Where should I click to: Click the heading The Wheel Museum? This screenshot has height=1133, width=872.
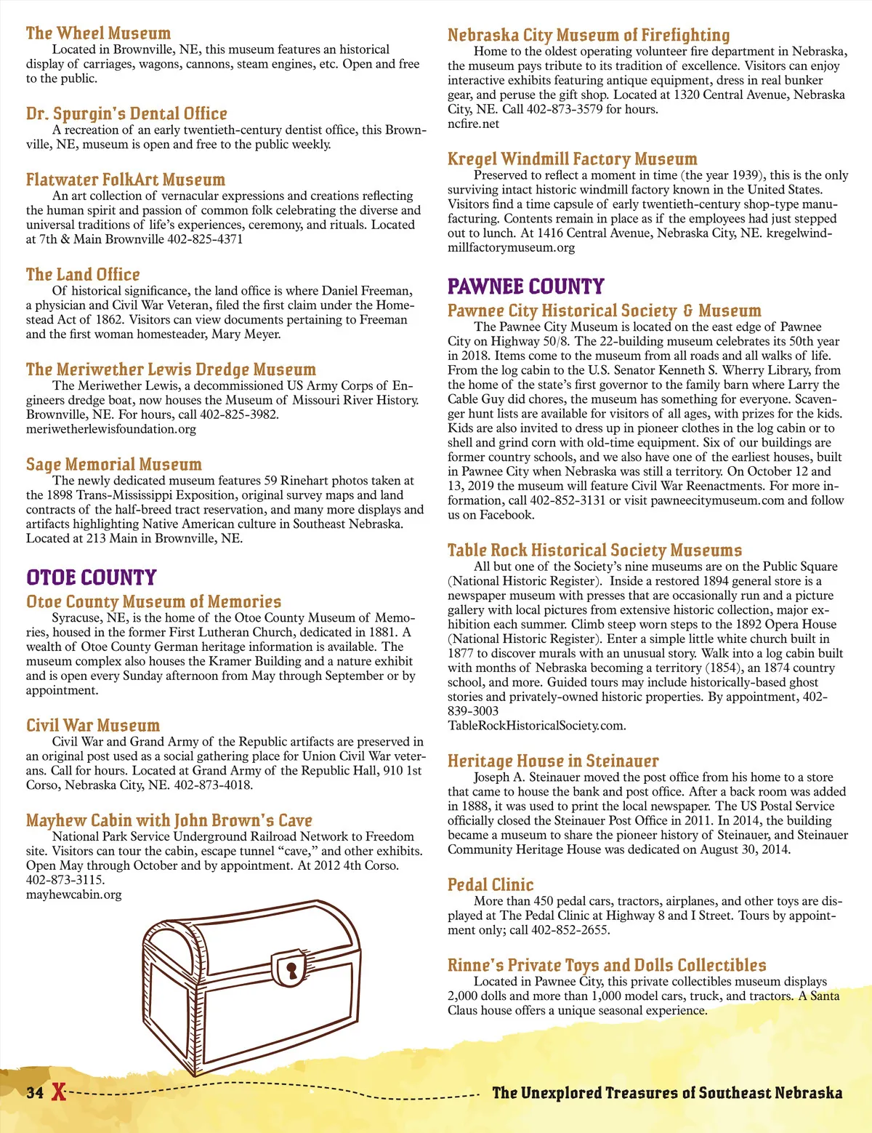(x=98, y=33)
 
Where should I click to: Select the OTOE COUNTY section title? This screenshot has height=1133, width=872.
(x=92, y=577)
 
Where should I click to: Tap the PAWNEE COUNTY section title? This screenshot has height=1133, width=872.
(x=526, y=286)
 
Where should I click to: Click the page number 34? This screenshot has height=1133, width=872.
(x=35, y=1092)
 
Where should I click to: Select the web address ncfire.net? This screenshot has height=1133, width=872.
(x=473, y=124)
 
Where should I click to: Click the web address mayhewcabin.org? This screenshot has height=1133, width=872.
(x=73, y=894)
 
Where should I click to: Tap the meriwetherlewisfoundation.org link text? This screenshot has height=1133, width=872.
(x=111, y=428)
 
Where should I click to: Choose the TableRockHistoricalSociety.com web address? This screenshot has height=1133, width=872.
(x=536, y=725)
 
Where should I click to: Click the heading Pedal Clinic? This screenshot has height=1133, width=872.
(x=490, y=885)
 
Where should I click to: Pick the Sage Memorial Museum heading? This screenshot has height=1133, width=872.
(x=114, y=464)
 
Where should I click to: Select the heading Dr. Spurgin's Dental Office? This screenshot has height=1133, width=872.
(x=126, y=113)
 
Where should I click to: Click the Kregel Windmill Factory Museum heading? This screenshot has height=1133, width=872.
(x=572, y=159)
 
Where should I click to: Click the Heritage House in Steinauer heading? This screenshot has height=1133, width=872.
(x=553, y=761)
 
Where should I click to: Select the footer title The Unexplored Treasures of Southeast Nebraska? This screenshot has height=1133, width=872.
(x=667, y=1092)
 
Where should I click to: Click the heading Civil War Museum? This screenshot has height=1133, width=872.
(x=93, y=725)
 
